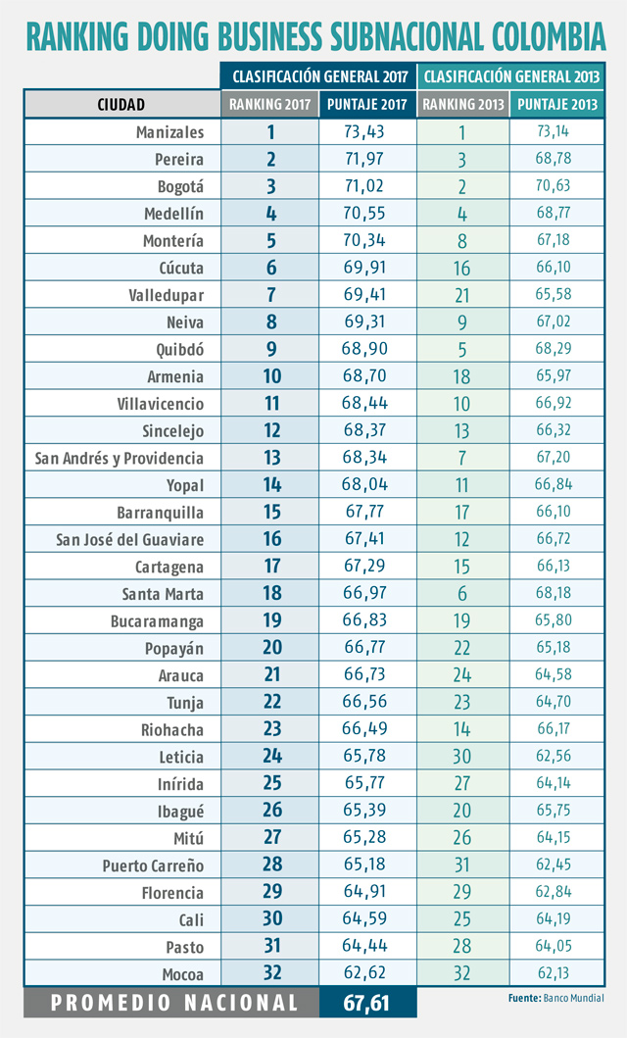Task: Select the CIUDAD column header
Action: tap(121, 104)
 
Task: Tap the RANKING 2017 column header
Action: tap(270, 104)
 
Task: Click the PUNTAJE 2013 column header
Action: tap(556, 104)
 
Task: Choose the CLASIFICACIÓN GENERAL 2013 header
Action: tap(510, 75)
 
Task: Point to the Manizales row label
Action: tap(170, 132)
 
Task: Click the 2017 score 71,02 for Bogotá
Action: tap(367, 186)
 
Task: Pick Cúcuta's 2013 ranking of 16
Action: tap(462, 268)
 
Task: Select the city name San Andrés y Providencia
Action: tap(120, 458)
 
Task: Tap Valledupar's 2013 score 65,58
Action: tap(554, 295)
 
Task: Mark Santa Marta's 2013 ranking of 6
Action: tap(462, 594)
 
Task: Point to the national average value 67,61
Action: tap(367, 1002)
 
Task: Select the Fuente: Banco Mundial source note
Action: tap(555, 998)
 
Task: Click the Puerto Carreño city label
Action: tap(154, 865)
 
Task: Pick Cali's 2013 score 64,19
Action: tap(554, 919)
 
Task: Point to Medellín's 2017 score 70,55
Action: tap(367, 214)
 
